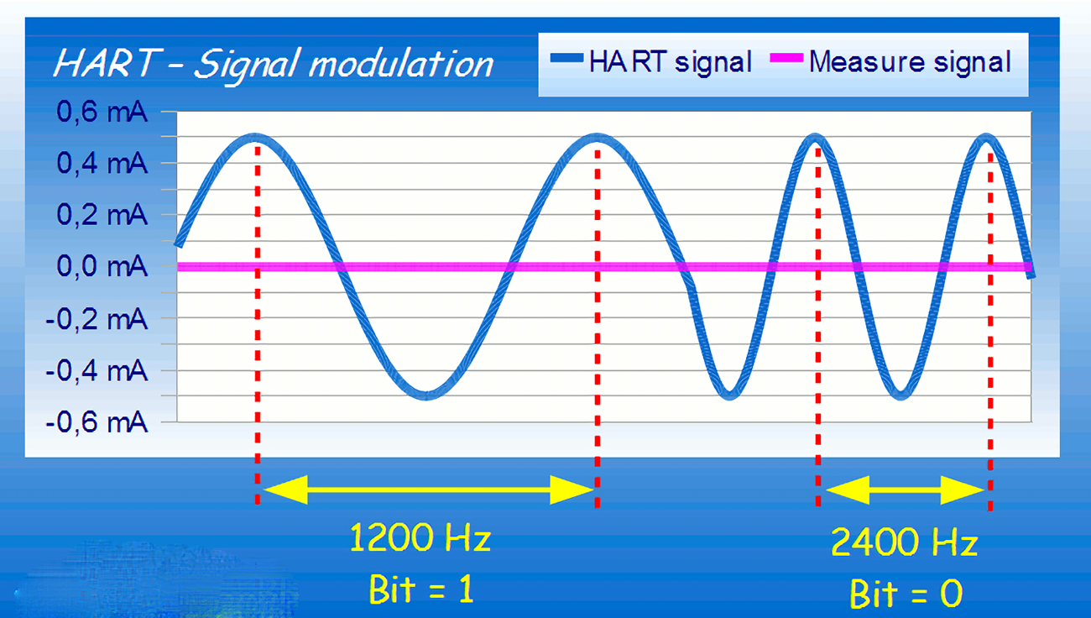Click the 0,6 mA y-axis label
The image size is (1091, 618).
point(102,112)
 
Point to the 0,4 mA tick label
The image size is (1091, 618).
point(102,163)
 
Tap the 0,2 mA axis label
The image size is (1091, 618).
point(102,214)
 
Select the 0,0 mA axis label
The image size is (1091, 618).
point(102,266)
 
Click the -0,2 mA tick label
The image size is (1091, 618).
point(96,320)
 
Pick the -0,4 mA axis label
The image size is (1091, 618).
point(96,371)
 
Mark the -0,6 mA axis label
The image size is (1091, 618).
point(96,422)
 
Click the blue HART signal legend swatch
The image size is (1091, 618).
point(566,58)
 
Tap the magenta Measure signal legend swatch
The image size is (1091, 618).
point(786,58)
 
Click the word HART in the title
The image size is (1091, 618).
point(107,63)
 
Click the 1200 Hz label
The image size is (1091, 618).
point(420,537)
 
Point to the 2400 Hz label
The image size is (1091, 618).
point(905,542)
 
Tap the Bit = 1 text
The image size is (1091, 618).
point(420,589)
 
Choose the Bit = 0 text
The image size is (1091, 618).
point(906,594)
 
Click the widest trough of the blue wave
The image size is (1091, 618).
point(426,395)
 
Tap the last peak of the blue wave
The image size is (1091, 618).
point(986,138)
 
